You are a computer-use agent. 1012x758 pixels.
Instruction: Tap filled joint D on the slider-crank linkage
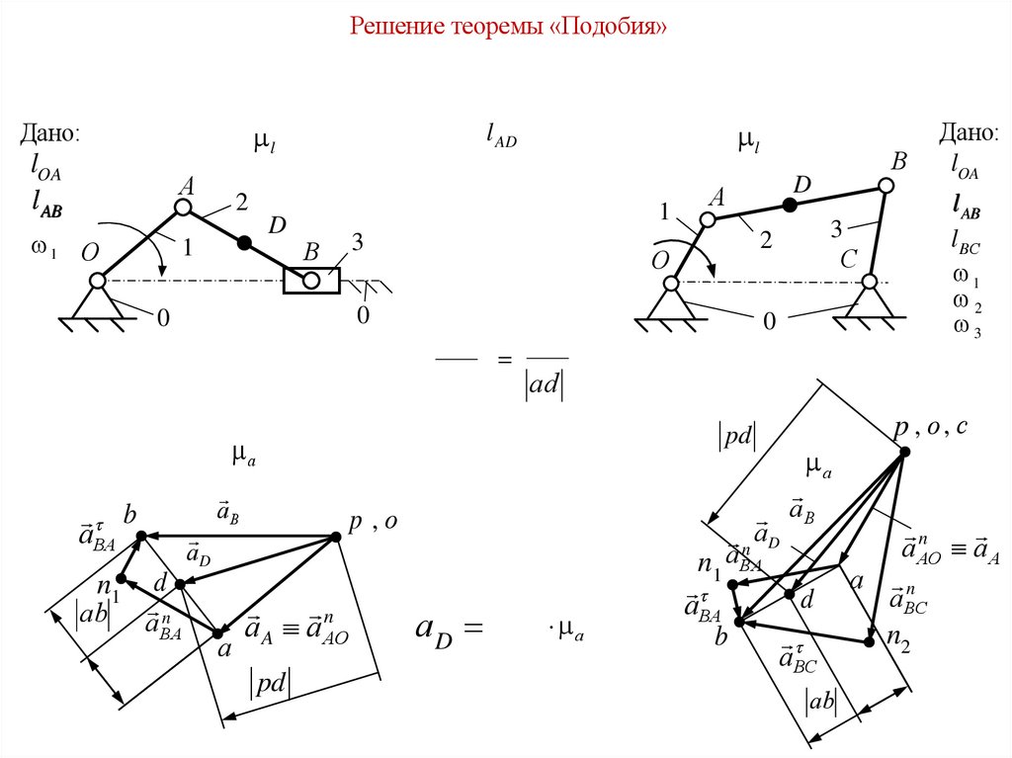[245, 242]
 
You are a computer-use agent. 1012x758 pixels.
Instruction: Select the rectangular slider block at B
[311, 281]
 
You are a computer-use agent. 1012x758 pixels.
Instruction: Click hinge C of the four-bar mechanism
[870, 282]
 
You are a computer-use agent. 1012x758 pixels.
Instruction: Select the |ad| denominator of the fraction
[547, 386]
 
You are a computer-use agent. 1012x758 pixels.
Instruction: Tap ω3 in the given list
[966, 328]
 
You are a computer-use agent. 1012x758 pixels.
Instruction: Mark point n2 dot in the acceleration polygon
[869, 641]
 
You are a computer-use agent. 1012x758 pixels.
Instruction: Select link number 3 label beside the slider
[357, 242]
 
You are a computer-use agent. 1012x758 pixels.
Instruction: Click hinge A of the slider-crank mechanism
[183, 207]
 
